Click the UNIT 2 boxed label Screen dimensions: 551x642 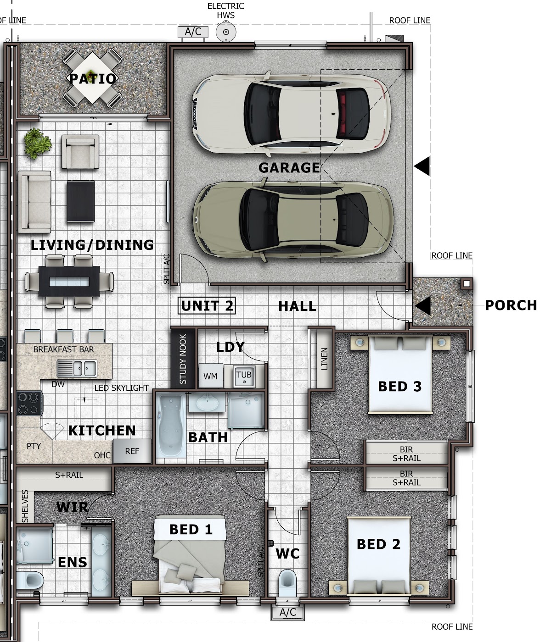[207, 305]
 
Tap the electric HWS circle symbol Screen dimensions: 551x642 [226, 32]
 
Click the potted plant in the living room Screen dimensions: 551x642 [38, 143]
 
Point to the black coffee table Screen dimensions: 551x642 [81, 201]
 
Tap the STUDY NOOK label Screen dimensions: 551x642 [183, 359]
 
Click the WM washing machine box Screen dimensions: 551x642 [210, 376]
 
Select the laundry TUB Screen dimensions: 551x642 [244, 376]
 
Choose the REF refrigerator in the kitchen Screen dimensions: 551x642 [132, 451]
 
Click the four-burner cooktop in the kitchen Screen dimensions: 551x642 [29, 403]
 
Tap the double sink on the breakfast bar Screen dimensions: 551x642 [77, 368]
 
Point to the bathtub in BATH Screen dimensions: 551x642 [171, 426]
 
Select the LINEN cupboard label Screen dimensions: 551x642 [324, 359]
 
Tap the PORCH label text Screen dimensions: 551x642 [511, 305]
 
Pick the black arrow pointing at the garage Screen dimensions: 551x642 [422, 166]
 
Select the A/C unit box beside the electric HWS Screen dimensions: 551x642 [193, 32]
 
